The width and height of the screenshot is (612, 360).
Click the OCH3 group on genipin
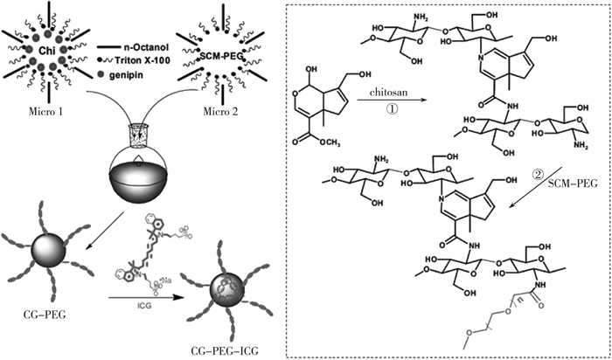click(x=359, y=187)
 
